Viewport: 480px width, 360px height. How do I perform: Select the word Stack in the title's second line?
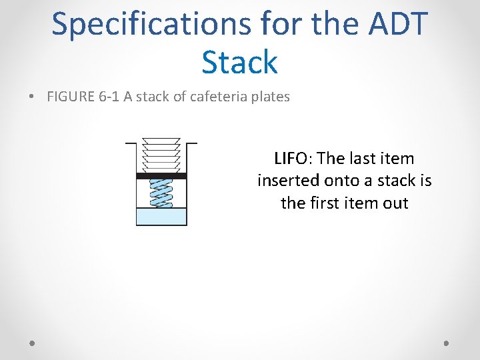(x=239, y=62)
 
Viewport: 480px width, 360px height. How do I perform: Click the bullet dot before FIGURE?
(x=33, y=97)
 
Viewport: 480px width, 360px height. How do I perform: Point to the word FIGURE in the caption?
(x=71, y=97)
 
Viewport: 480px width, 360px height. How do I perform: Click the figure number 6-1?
(x=108, y=97)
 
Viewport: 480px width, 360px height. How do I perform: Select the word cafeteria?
(x=219, y=97)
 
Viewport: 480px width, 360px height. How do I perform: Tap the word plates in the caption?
(x=269, y=97)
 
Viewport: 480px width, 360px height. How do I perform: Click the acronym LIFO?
(x=291, y=159)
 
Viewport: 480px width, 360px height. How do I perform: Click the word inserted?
(x=287, y=181)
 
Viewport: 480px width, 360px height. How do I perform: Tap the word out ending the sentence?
(x=395, y=203)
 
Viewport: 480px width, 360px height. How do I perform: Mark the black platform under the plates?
(x=161, y=176)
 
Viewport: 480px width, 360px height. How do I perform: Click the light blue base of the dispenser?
(x=161, y=217)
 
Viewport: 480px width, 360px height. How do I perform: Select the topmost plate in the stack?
(x=161, y=141)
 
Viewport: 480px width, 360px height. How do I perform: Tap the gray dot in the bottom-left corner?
(x=33, y=343)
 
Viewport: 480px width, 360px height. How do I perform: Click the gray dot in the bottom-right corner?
(x=447, y=343)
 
